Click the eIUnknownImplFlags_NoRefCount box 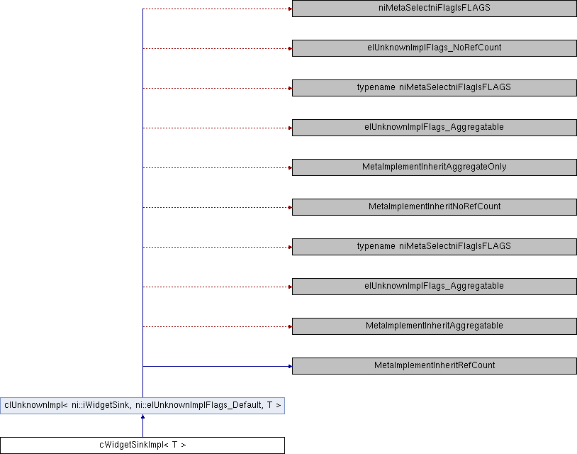click(434, 48)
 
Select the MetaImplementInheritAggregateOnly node click(434, 167)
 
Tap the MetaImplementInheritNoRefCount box click(434, 207)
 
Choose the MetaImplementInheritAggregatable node click(434, 326)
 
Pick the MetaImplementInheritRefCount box click(434, 366)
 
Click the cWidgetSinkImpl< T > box click(142, 445)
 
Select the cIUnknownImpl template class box click(142, 406)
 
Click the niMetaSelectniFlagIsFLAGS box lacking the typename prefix click(434, 9)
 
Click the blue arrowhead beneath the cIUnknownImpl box click(142, 418)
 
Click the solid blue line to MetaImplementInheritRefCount click(213, 366)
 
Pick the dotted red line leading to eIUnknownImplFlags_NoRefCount click(213, 48)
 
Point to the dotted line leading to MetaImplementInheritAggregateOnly click(213, 167)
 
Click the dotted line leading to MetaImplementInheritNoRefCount click(213, 207)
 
